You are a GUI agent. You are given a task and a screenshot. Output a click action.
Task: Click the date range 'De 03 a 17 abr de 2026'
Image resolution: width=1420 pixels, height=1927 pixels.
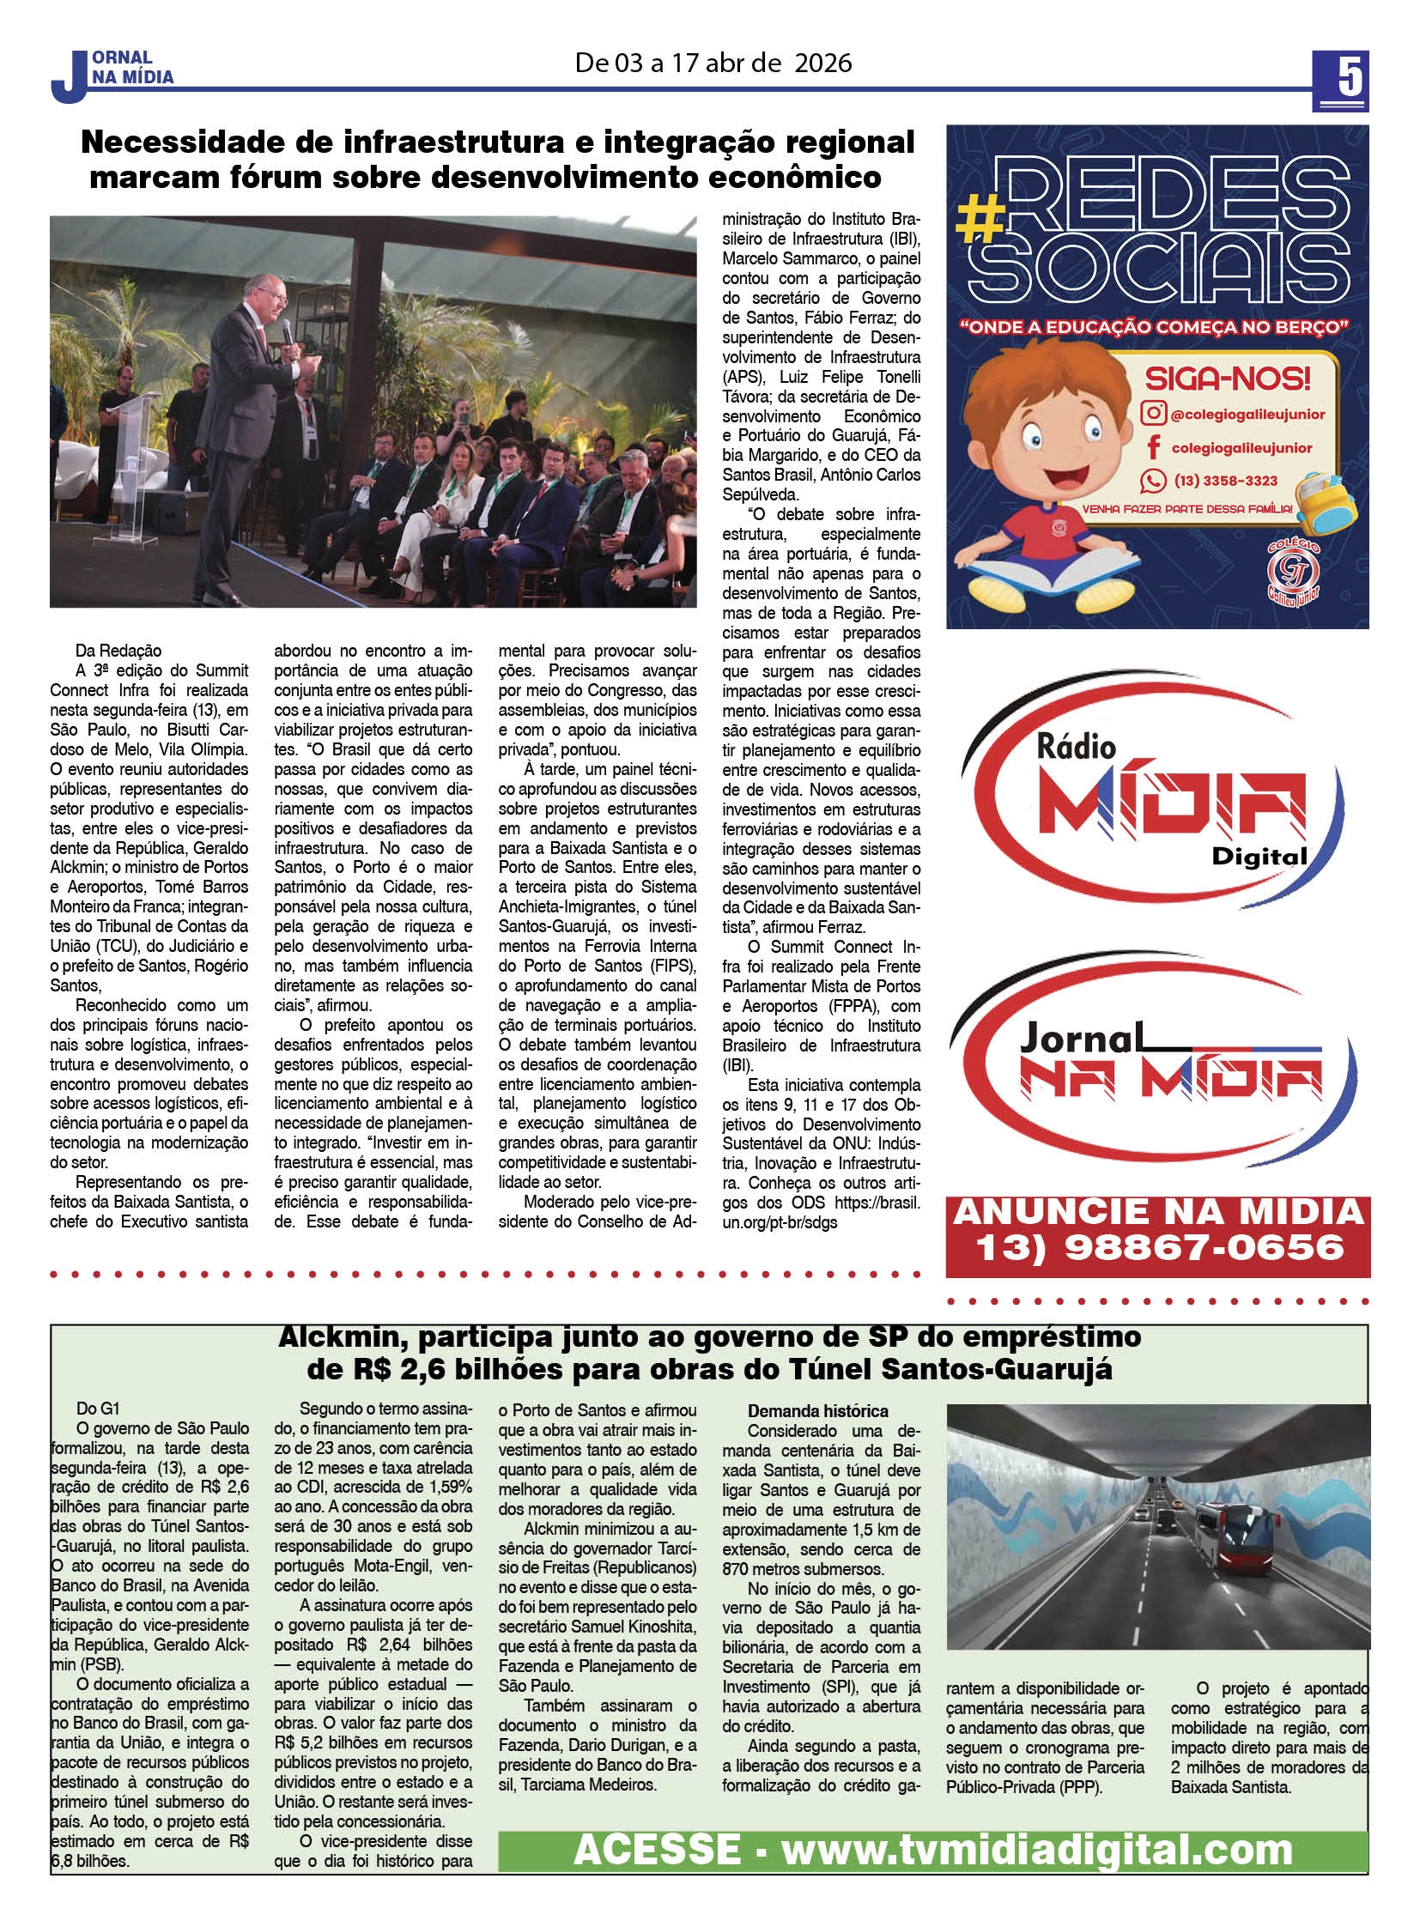[x=713, y=63]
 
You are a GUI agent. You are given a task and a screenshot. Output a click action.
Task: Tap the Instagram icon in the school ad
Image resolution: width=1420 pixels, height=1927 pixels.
[x=1153, y=414]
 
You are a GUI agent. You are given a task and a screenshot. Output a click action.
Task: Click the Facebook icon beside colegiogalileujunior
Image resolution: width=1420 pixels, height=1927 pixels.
[x=1154, y=447]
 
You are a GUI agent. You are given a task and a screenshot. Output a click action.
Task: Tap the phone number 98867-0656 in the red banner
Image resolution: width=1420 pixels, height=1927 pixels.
[x=1203, y=1248]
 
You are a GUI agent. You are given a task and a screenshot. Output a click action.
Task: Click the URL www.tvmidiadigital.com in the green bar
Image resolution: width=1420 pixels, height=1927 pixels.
[x=1035, y=1849]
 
